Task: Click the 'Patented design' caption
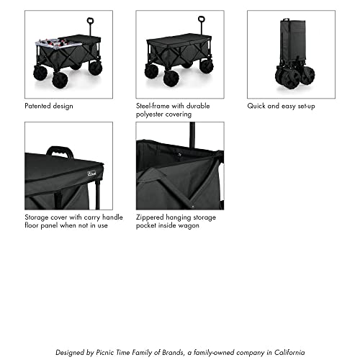click(x=48, y=106)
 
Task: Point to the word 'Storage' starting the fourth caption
click(x=37, y=217)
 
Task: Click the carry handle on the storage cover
click(x=60, y=152)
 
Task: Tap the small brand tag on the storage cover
click(x=104, y=171)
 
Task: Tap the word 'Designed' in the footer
click(x=72, y=352)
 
